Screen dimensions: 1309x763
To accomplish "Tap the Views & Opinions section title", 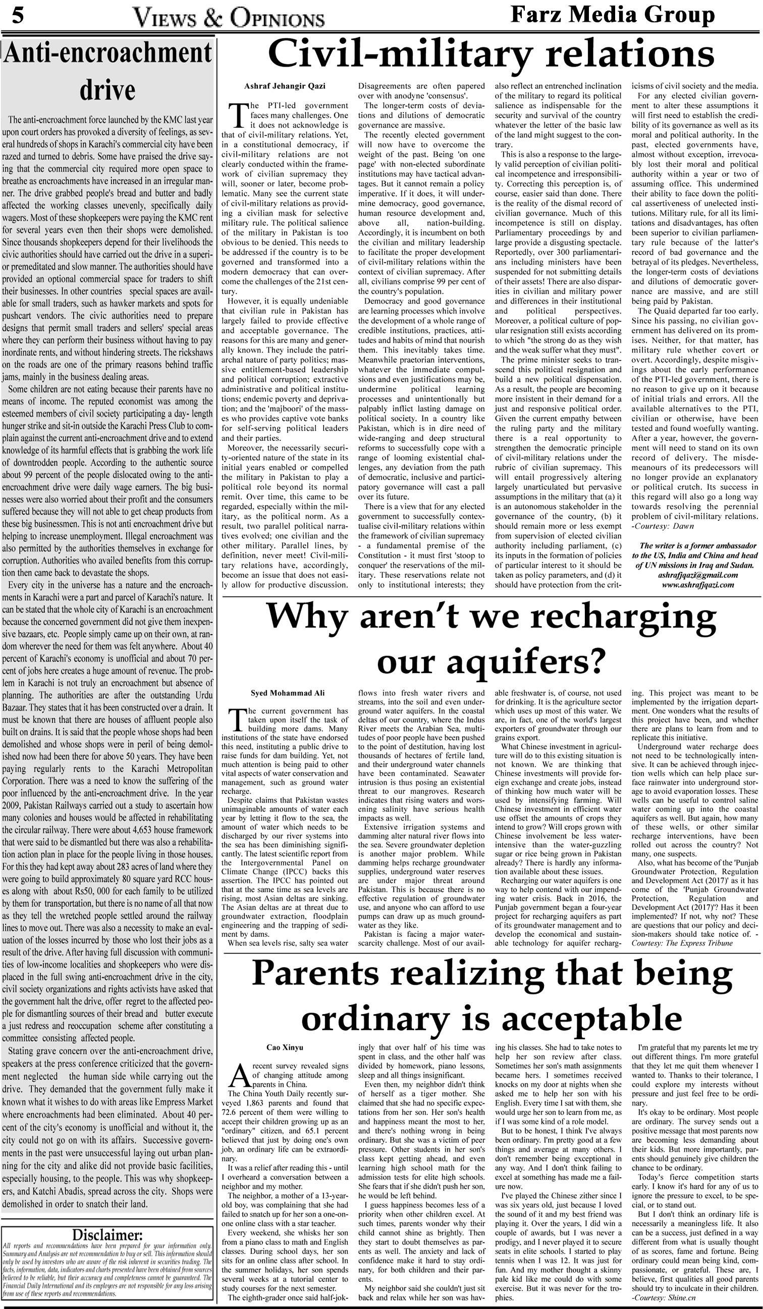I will pos(229,18).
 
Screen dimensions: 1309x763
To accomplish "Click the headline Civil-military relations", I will pos(490,55).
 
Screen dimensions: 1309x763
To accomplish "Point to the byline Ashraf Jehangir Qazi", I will pos(285,86).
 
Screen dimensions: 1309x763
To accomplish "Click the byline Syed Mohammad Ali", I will pos(288,693).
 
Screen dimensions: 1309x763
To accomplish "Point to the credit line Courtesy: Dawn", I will pos(664,526).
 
